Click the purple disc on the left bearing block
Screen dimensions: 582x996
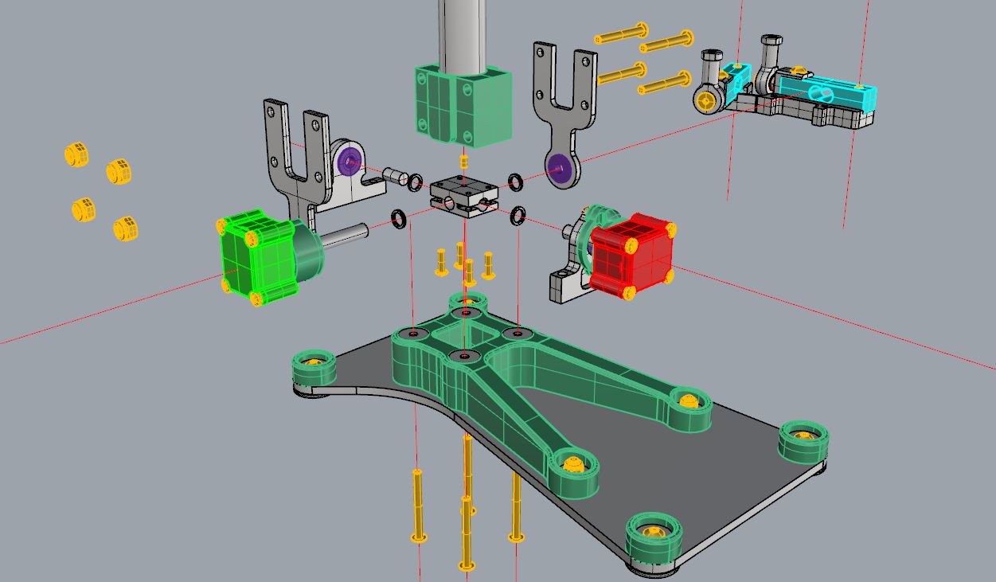348,162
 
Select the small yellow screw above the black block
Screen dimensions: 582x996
465,161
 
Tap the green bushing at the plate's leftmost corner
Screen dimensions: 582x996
314,368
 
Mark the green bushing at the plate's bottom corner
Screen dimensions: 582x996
654,538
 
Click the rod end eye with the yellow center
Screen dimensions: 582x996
707,100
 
